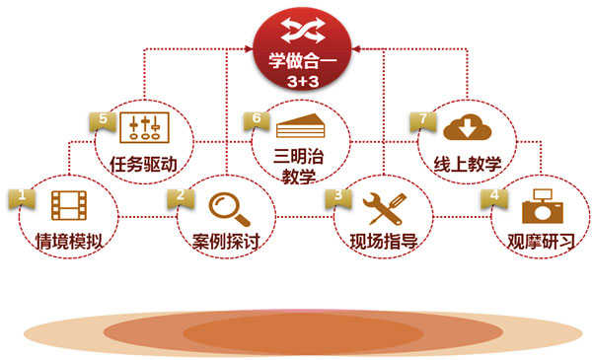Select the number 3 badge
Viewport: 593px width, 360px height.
338,195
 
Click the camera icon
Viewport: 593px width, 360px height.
541,206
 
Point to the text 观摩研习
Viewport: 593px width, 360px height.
541,240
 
